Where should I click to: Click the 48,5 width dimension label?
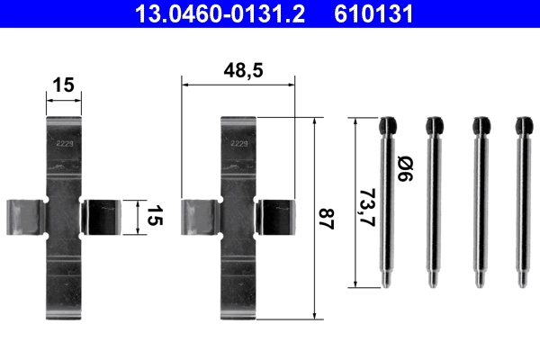click(x=238, y=69)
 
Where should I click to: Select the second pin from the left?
click(x=433, y=202)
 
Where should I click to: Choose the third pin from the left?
click(x=478, y=202)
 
